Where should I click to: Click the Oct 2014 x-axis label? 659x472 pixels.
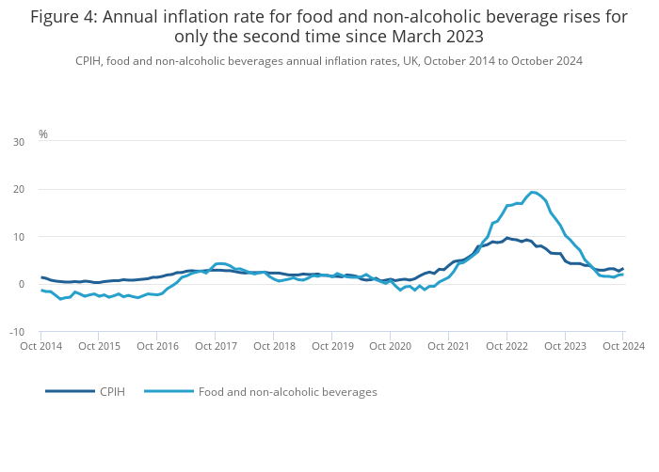click(x=41, y=346)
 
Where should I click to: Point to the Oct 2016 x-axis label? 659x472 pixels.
click(x=157, y=346)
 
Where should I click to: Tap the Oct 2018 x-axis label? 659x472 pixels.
click(x=274, y=346)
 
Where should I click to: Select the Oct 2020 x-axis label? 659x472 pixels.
click(x=391, y=346)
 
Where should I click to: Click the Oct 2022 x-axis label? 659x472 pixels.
click(x=507, y=346)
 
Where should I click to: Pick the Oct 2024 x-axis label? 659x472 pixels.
click(x=623, y=346)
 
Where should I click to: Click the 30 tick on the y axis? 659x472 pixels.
click(x=19, y=142)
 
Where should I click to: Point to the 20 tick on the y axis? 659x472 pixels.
click(x=19, y=189)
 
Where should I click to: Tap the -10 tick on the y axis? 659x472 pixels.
click(x=17, y=332)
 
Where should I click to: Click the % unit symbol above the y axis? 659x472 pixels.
click(x=43, y=134)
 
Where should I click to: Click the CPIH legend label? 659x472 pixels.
click(x=112, y=391)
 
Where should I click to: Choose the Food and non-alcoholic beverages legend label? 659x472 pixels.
click(x=287, y=391)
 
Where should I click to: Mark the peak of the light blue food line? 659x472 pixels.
click(x=533, y=192)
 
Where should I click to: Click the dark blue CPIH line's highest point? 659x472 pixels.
click(x=507, y=238)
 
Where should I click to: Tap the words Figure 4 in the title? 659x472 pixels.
click(x=62, y=17)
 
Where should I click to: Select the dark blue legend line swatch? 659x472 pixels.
click(x=70, y=391)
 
